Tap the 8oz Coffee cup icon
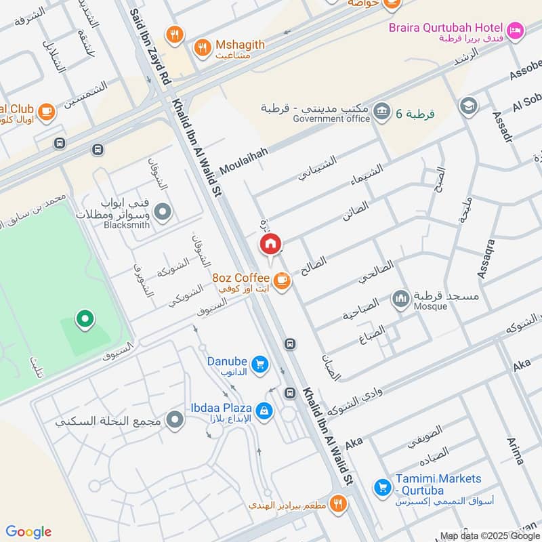click(282, 278)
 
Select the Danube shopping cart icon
click(259, 365)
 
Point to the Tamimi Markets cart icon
click(382, 486)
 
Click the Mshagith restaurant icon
click(202, 47)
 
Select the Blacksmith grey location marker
click(162, 213)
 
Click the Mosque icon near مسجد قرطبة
click(401, 299)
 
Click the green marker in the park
click(84, 318)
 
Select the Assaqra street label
click(486, 258)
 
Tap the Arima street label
click(516, 451)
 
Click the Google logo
click(28, 531)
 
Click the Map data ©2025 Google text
click(490, 535)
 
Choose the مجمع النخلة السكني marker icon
click(175, 421)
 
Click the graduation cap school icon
click(467, 106)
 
